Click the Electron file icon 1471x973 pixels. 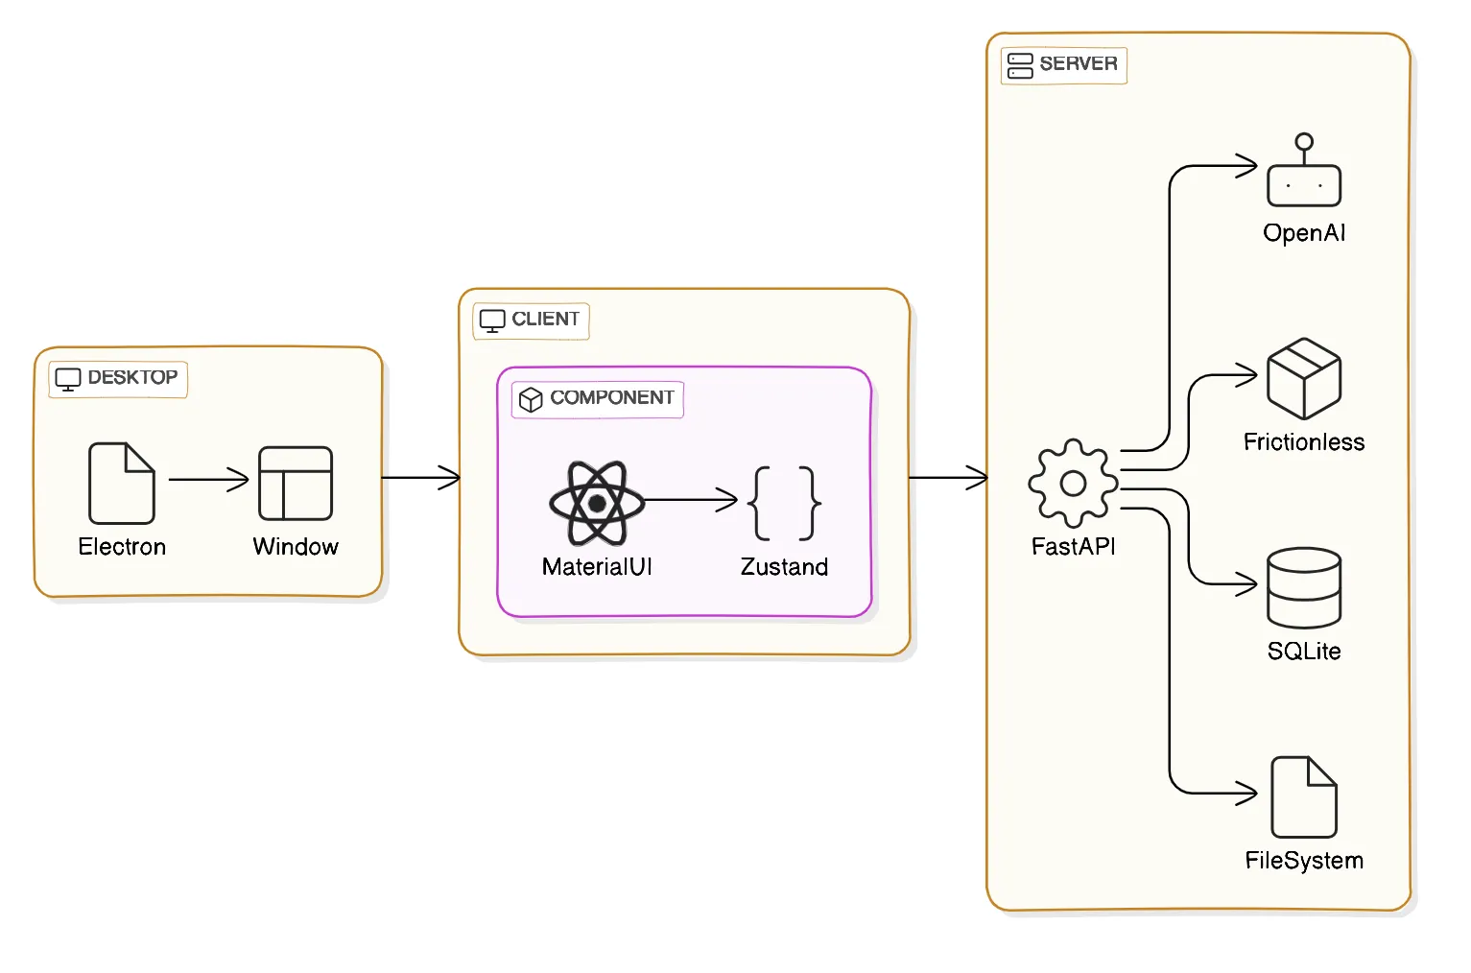122,483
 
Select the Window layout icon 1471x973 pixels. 296,483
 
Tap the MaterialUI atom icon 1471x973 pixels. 597,503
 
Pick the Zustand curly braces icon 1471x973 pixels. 784,503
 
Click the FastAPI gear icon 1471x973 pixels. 1073,483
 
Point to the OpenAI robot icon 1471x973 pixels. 1303,173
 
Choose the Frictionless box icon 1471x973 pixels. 1303,378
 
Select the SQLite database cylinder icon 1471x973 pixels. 1303,587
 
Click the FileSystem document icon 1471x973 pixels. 1303,796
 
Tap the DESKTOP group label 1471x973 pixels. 118,378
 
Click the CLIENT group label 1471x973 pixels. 531,320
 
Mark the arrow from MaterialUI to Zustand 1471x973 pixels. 691,499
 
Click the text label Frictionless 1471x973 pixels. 1303,442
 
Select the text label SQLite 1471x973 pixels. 1303,652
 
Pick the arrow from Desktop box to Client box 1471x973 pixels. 420,477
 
